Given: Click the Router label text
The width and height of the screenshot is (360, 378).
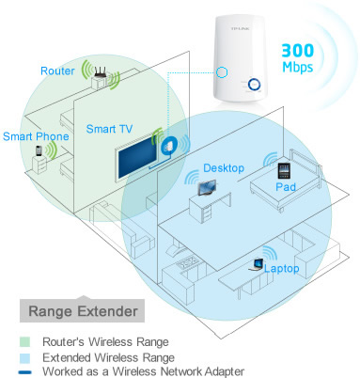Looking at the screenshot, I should tap(58, 71).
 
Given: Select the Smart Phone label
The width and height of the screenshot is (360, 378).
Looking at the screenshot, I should tap(32, 134).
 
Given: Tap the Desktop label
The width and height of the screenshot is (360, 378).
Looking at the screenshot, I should tap(223, 167).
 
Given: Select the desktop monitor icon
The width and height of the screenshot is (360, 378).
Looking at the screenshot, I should tap(206, 185).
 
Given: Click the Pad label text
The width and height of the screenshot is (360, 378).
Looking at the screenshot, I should tap(286, 188).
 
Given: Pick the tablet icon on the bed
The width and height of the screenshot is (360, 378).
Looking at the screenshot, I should tap(283, 171).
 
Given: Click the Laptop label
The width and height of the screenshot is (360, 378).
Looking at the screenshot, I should tap(283, 269).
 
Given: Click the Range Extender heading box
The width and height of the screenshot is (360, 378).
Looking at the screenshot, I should tap(81, 310).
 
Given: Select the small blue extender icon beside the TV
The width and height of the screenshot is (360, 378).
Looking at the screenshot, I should tap(170, 146).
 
